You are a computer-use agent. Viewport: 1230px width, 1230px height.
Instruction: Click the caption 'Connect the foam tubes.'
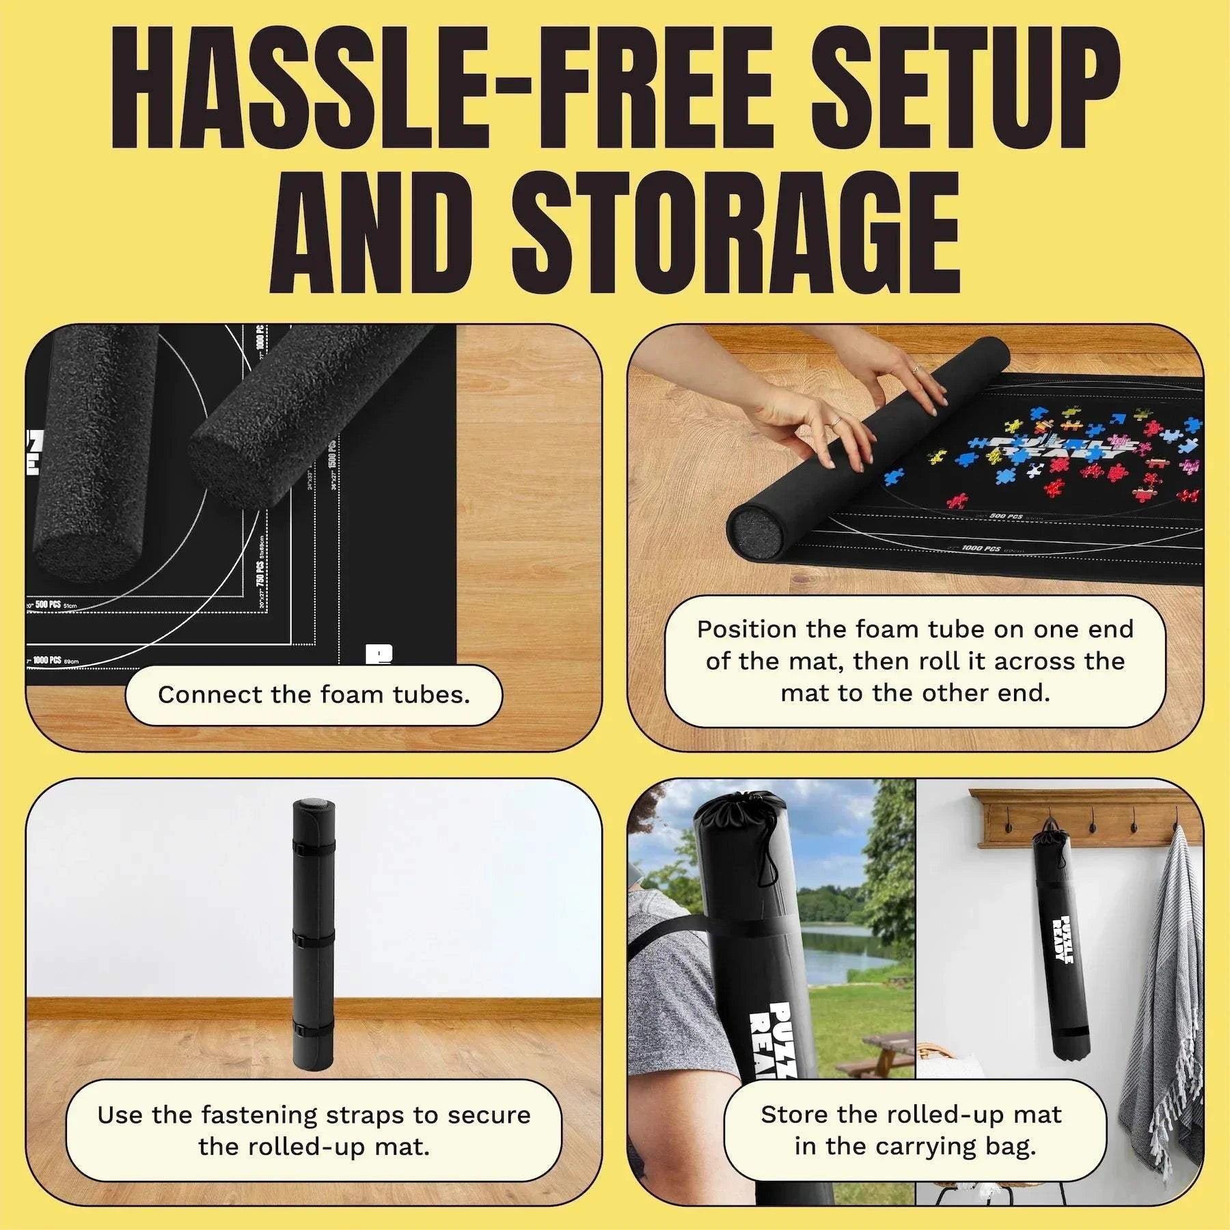[314, 695]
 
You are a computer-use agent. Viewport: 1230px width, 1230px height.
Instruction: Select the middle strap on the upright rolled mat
[312, 939]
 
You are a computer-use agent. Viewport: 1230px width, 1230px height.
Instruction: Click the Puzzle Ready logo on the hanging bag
[1063, 939]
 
